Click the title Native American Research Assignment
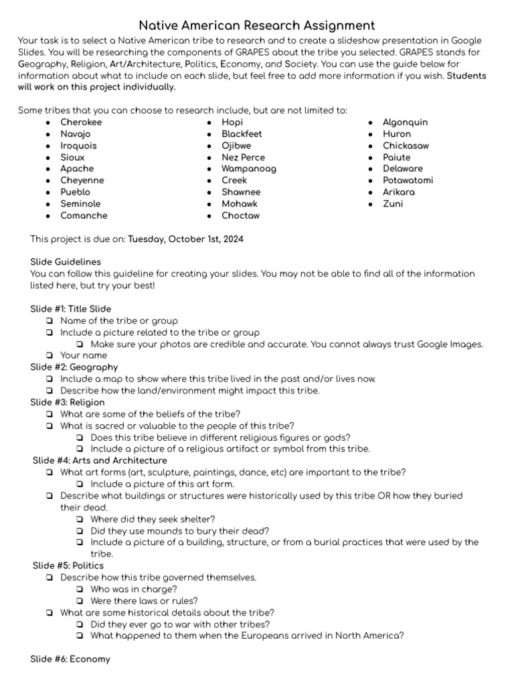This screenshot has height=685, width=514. tap(257, 25)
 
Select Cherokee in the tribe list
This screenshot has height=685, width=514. tap(81, 122)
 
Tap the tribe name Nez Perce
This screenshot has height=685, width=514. tap(243, 157)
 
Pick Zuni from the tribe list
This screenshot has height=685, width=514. tap(393, 203)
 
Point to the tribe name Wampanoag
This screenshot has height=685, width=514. tap(248, 169)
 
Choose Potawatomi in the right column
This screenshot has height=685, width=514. tap(408, 181)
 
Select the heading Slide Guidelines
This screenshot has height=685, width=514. tap(66, 262)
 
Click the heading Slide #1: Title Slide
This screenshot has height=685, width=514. tap(68, 309)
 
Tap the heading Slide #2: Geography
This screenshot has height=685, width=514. tap(74, 367)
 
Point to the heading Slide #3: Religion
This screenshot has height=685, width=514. tap(68, 402)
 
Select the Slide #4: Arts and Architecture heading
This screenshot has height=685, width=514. tap(100, 460)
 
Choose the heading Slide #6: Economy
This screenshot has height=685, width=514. tap(70, 659)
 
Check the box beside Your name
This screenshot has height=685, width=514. tap(50, 356)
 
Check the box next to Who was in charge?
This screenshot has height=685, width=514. tap(80, 589)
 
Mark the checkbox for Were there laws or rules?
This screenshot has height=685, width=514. tap(80, 601)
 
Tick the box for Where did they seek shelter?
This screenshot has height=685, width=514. tap(80, 519)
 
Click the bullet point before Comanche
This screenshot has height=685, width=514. tap(48, 216)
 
